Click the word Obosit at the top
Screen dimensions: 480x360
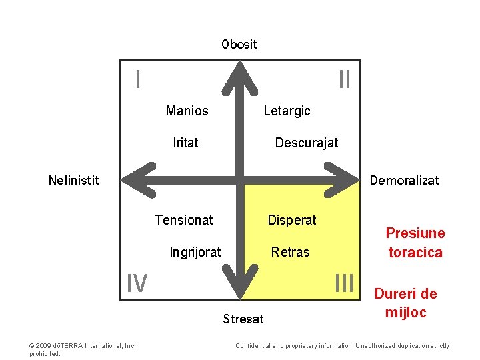(239, 45)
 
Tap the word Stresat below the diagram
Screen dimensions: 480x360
(243, 319)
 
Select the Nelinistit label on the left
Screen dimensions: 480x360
(74, 180)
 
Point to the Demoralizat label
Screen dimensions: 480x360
(404, 180)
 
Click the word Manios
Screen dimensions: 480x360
(187, 111)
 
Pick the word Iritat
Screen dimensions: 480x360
(185, 143)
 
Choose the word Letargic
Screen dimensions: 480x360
(287, 111)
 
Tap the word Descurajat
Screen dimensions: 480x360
(307, 143)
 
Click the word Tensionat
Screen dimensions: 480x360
(183, 220)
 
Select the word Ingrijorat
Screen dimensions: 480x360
(195, 252)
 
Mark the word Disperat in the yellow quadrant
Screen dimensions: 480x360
(292, 220)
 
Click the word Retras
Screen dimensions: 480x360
(290, 252)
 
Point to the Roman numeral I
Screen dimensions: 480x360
(137, 80)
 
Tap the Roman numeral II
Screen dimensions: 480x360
(344, 80)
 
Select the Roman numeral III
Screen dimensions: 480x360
(344, 283)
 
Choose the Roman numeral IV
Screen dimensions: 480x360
(137, 284)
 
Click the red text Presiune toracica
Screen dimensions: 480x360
(415, 243)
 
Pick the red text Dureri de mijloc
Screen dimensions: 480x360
(405, 303)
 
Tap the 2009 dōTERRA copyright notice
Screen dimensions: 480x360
(83, 349)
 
